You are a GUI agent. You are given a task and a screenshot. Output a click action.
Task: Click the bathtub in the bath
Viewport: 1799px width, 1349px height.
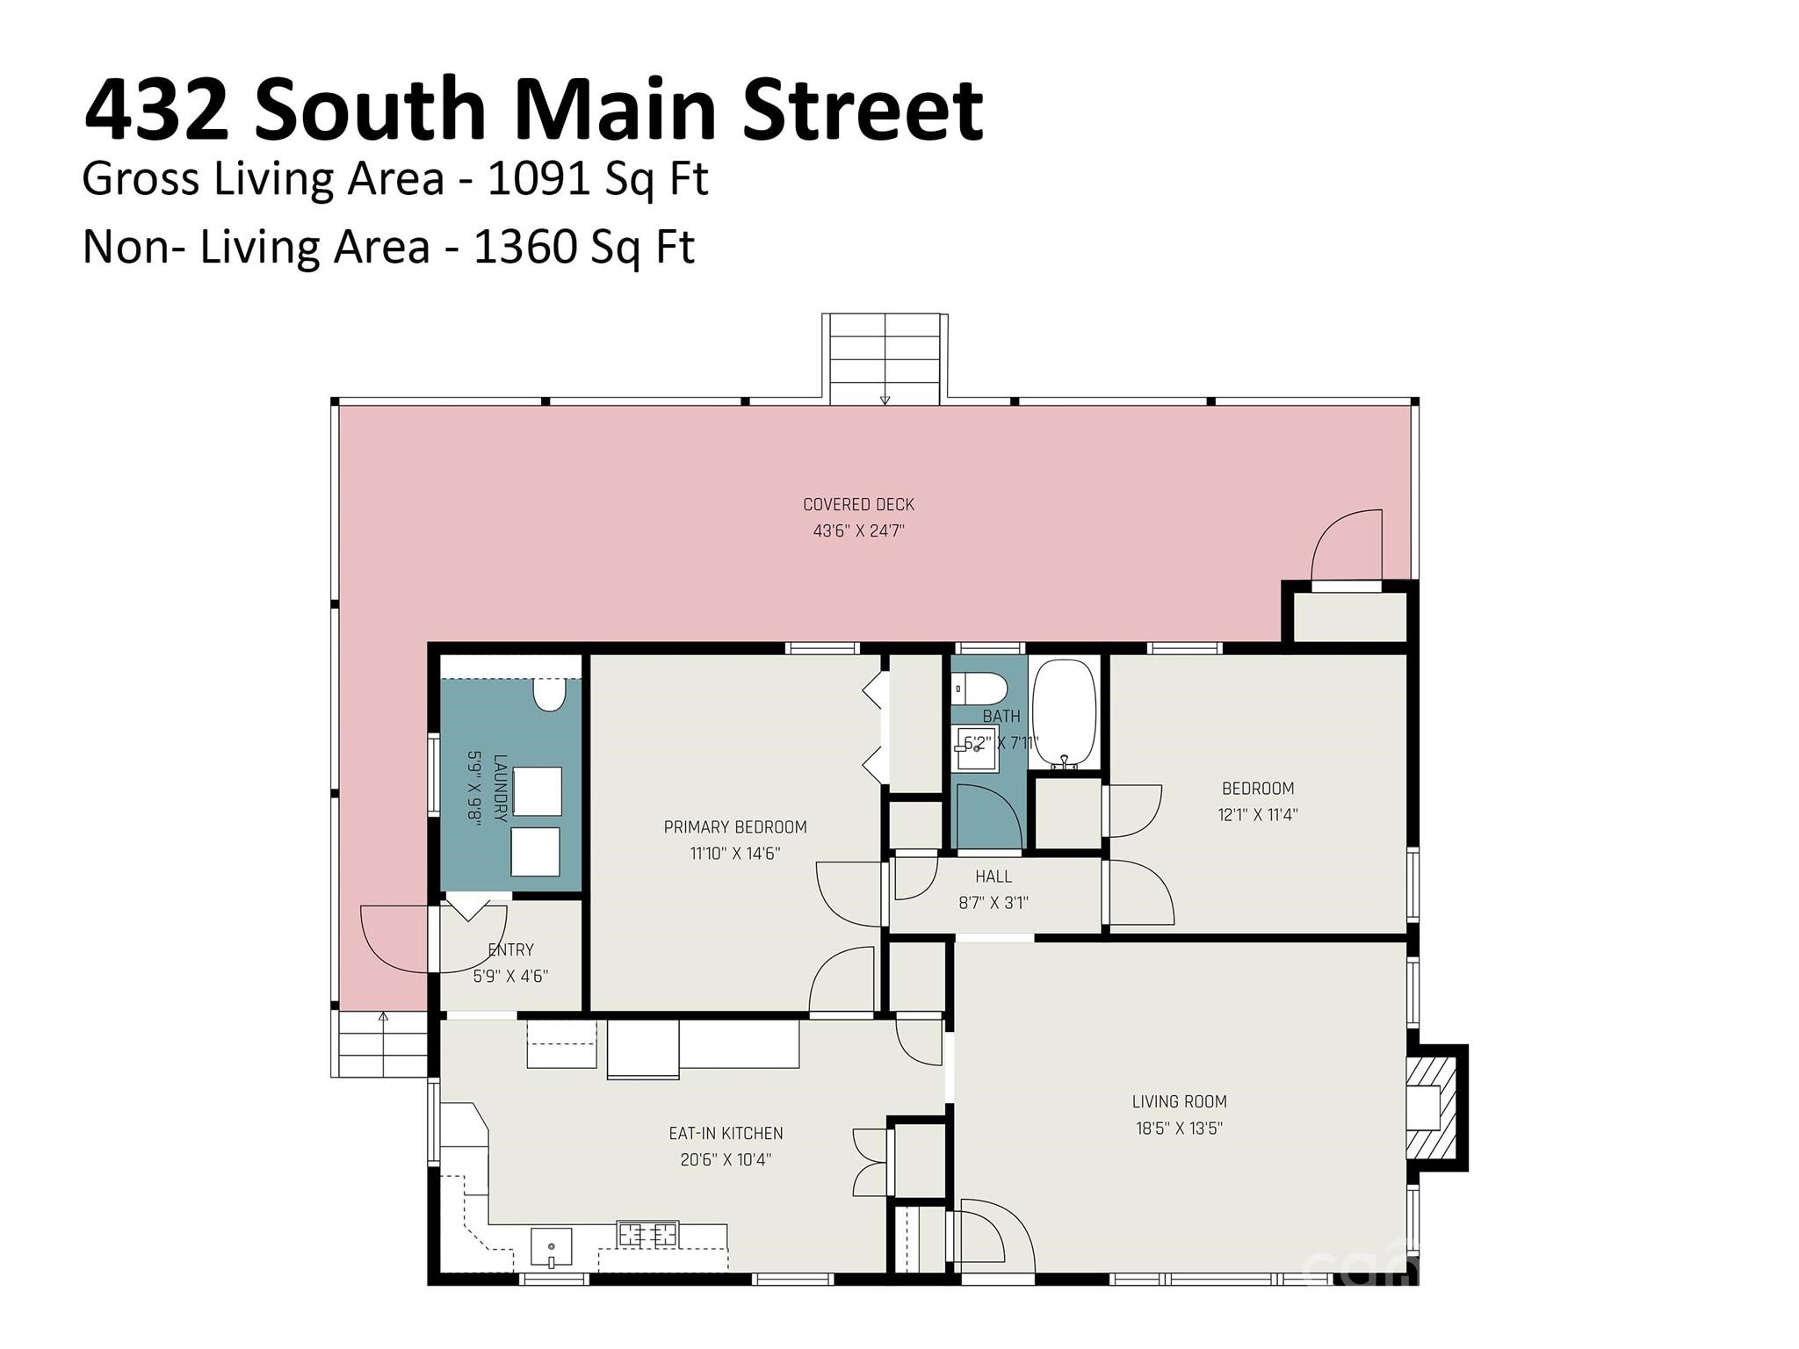point(1064,714)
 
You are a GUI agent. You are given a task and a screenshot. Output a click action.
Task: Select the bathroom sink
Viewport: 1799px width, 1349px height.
point(977,748)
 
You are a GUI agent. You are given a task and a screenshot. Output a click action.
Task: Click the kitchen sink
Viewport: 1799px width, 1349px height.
point(551,1247)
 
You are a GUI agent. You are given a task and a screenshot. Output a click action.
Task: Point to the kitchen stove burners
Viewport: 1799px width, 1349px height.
point(648,1234)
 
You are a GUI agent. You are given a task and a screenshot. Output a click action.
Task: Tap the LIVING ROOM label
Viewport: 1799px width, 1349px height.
point(1179,1101)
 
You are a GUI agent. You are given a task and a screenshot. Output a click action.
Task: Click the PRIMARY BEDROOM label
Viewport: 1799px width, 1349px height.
point(735,826)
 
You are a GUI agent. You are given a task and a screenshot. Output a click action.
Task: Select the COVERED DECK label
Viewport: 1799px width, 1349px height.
point(858,504)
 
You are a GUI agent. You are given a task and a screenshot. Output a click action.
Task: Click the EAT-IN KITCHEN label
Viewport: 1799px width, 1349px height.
point(726,1133)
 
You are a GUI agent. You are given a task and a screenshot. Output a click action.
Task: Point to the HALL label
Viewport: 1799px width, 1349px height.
point(993,876)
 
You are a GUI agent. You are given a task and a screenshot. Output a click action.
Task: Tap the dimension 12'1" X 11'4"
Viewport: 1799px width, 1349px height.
point(1258,814)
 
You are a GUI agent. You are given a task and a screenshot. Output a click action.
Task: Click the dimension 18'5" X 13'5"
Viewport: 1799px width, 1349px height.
point(1179,1128)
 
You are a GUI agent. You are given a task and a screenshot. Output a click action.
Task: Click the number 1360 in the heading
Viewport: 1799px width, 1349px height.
point(524,247)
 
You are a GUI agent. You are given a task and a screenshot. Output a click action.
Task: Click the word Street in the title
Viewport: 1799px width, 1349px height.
point(863,111)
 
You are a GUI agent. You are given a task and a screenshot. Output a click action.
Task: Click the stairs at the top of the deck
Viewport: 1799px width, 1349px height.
point(885,358)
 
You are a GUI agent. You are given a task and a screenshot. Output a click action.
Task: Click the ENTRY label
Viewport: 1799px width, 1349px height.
point(510,949)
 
